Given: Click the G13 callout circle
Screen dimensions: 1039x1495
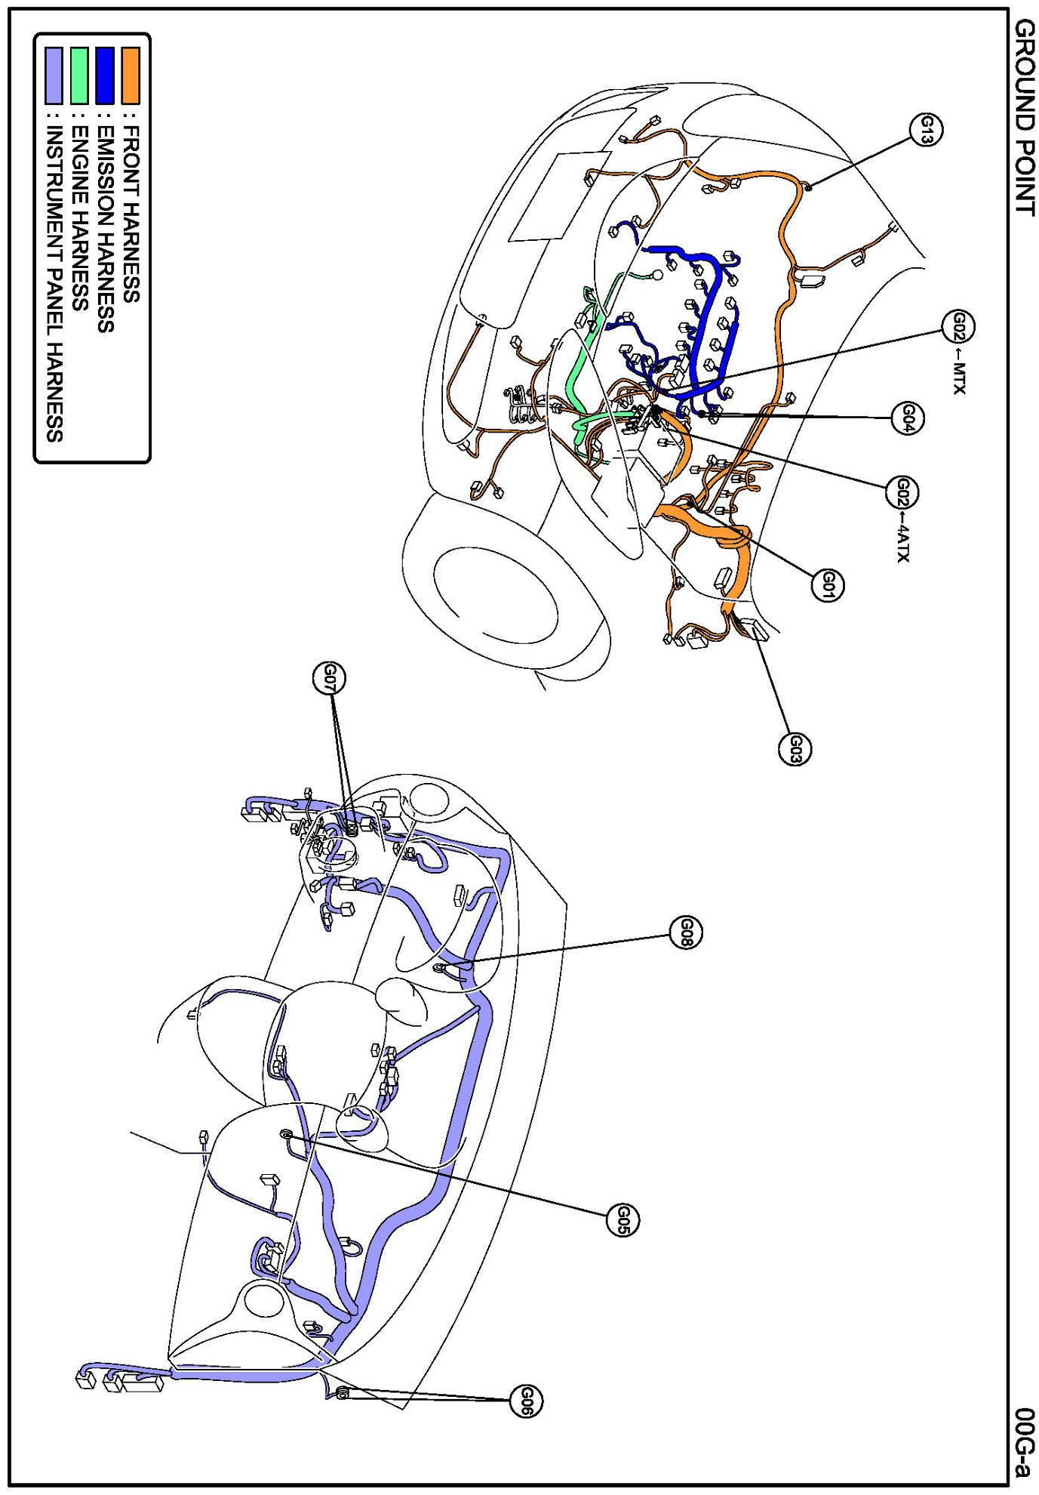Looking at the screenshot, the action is click(926, 130).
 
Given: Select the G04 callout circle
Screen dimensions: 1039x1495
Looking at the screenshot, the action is click(908, 418).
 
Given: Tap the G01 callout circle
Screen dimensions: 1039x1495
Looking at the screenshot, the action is click(828, 584).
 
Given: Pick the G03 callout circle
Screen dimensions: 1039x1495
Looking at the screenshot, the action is click(795, 749).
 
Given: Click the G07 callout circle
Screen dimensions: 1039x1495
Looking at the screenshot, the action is click(329, 677).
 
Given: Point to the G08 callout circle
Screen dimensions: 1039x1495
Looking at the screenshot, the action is click(686, 932).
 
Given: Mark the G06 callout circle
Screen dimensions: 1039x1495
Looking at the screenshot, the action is click(526, 1401).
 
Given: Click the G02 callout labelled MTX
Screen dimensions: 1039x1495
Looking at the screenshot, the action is click(958, 327).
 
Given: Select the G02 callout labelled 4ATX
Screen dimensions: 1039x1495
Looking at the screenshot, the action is click(902, 492).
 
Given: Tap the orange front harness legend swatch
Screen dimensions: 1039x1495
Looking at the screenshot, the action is click(131, 76).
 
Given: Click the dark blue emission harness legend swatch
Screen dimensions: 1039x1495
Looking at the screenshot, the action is click(105, 76).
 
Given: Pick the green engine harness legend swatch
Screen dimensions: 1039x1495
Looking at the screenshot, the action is click(79, 76).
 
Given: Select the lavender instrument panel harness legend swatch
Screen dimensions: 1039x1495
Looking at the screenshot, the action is click(54, 76).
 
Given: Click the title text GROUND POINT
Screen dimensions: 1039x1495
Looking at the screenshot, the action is click(1024, 117).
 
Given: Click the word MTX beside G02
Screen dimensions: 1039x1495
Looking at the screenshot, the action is click(959, 378).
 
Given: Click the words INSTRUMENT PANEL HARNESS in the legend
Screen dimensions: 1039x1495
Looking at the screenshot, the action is click(54, 282).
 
